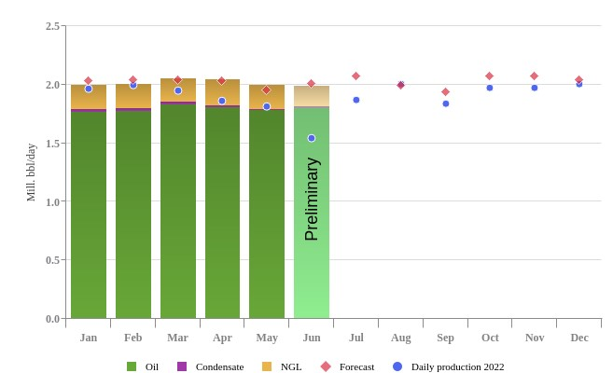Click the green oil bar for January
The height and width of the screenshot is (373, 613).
pyautogui.click(x=89, y=214)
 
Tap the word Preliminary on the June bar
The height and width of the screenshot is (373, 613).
pyautogui.click(x=312, y=200)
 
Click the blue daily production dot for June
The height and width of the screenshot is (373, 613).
pyautogui.click(x=312, y=138)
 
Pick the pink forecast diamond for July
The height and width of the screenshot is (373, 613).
pyautogui.click(x=355, y=76)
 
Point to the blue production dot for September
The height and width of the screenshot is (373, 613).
pyautogui.click(x=446, y=104)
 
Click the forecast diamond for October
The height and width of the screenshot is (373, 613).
pyautogui.click(x=489, y=76)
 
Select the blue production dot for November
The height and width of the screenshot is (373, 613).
pyautogui.click(x=535, y=88)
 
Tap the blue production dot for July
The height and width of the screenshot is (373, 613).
pyautogui.click(x=356, y=100)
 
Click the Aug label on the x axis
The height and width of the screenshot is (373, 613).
pyautogui.click(x=400, y=338)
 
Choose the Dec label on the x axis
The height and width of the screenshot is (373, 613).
pyautogui.click(x=579, y=338)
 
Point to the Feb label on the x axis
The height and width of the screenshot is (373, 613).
pyautogui.click(x=133, y=338)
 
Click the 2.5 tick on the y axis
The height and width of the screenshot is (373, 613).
pyautogui.click(x=53, y=26)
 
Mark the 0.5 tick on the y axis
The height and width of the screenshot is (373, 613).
pyautogui.click(x=53, y=260)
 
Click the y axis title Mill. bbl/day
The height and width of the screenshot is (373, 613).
pyautogui.click(x=31, y=173)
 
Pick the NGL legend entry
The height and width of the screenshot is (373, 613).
pyautogui.click(x=283, y=366)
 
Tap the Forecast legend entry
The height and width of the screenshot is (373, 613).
pyautogui.click(x=348, y=366)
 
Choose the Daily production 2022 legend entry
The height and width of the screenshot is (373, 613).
pyautogui.click(x=449, y=366)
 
